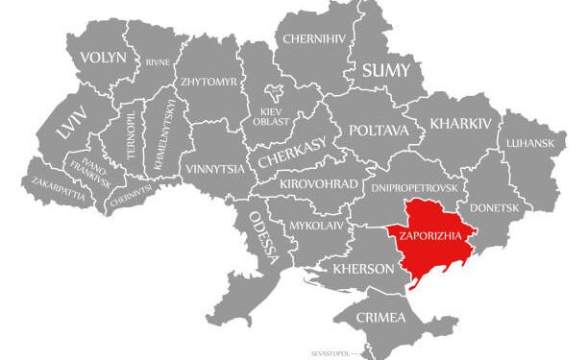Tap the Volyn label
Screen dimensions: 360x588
pos(103,58)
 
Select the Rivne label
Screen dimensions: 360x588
pos(158,62)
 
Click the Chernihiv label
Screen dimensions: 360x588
pos(312,39)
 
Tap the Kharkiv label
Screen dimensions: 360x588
pos(461,124)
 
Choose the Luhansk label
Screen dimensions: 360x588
pos(529,144)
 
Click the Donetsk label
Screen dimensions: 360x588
pos(494,207)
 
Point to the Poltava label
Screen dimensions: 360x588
pos(379,130)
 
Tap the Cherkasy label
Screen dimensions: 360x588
pos(286,152)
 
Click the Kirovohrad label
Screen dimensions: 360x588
pos(319,183)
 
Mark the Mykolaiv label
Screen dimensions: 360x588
pos(316,227)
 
